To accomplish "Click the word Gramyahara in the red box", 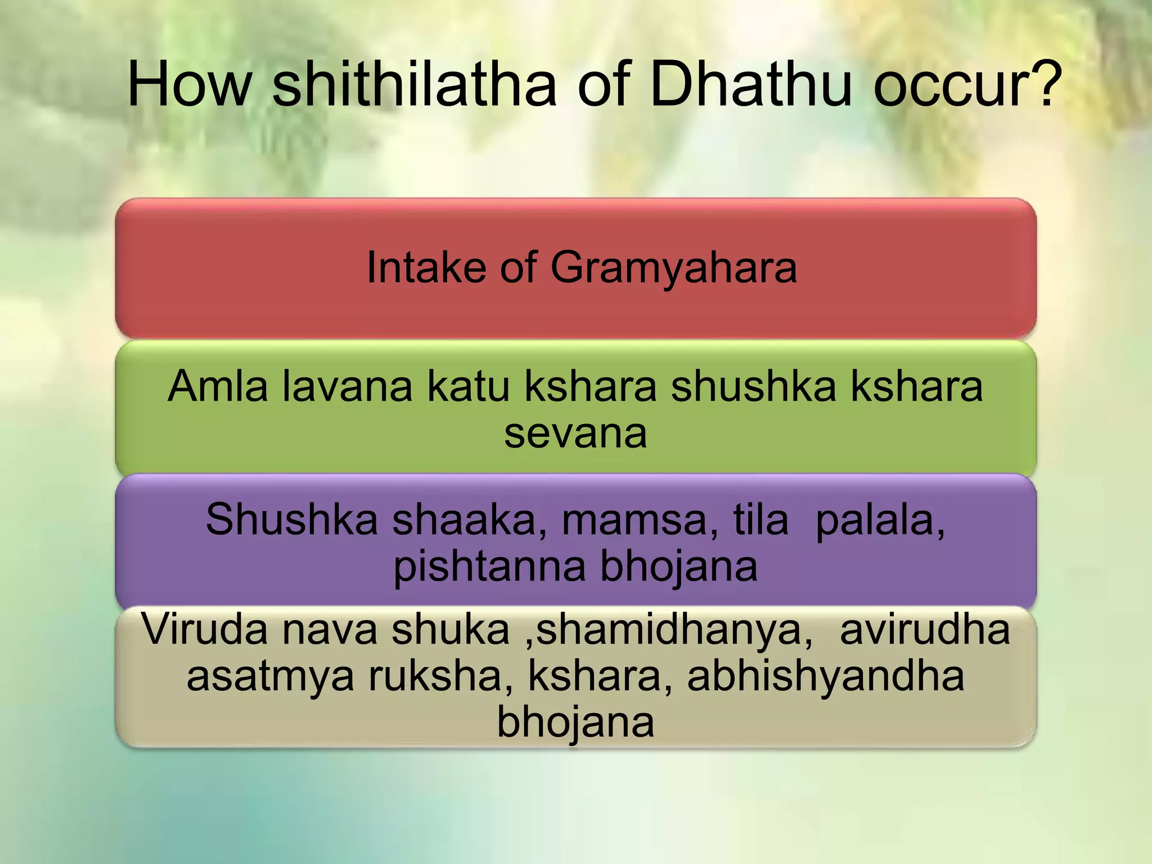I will pyautogui.click(x=673, y=268).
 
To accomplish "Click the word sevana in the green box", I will pyautogui.click(x=575, y=434).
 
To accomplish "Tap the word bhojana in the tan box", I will pyautogui.click(x=575, y=723).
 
